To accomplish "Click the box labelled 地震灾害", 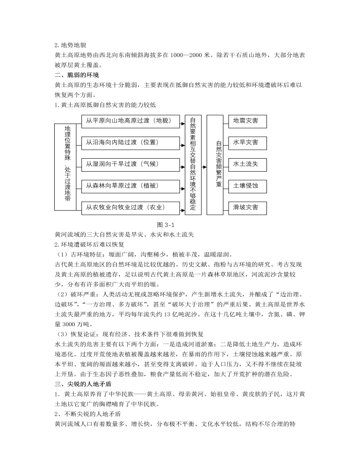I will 246,121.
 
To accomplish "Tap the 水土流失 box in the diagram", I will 246,164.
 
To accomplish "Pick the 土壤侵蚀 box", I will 246,186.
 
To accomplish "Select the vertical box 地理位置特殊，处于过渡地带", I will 68,166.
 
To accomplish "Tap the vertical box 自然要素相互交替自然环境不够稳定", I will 193,165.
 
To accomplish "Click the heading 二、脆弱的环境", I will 77,75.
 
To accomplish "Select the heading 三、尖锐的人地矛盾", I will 83,383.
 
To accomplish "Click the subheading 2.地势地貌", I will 71,45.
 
